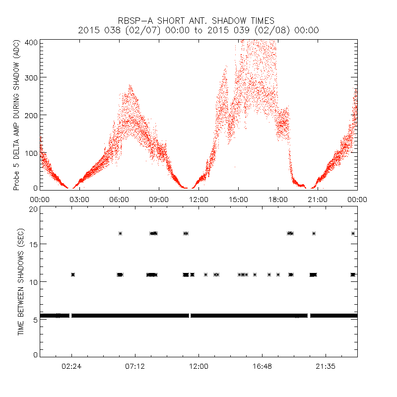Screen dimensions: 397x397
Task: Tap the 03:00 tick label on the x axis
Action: pyautogui.click(x=79, y=199)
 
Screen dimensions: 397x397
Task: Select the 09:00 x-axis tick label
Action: pyautogui.click(x=159, y=199)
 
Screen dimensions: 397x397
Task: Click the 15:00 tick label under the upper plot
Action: pyautogui.click(x=238, y=199)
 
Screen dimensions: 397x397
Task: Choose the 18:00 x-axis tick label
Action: pyautogui.click(x=278, y=199)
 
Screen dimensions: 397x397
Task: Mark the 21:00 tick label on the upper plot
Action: pyautogui.click(x=318, y=199)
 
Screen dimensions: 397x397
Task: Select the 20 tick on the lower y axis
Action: pyautogui.click(x=33, y=209)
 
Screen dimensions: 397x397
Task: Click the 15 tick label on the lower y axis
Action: pyautogui.click(x=33, y=244)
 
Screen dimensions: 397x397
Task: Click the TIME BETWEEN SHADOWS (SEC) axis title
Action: pyautogui.click(x=21, y=282)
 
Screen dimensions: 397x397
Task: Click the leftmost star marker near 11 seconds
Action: pyautogui.click(x=73, y=274)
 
